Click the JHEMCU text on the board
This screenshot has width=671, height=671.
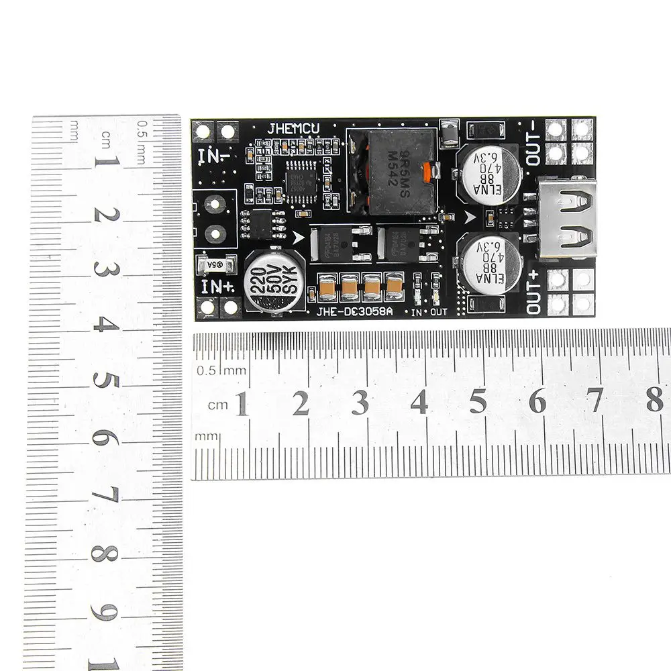294,128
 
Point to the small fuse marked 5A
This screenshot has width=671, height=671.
215,265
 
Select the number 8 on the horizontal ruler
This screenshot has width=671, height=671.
654,401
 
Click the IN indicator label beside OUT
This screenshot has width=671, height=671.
417,312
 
